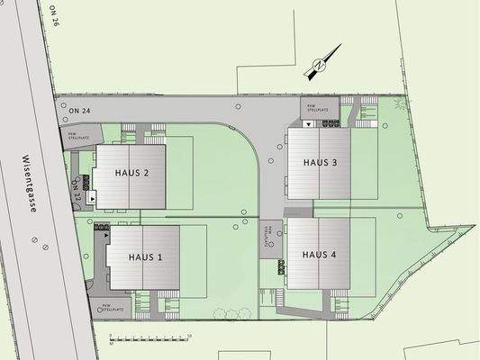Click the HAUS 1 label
pyautogui.click(x=145, y=257)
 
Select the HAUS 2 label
pyautogui.click(x=132, y=173)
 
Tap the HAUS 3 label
pyautogui.click(x=320, y=163)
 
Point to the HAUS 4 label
pyautogui.click(x=320, y=255)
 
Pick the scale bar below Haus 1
pyautogui.click(x=149, y=337)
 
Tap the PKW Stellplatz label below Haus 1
pyautogui.click(x=113, y=308)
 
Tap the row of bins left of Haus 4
pyautogui.click(x=282, y=265)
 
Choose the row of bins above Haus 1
pyautogui.click(x=101, y=228)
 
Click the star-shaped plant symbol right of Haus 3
pyautogui.click(x=400, y=104)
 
